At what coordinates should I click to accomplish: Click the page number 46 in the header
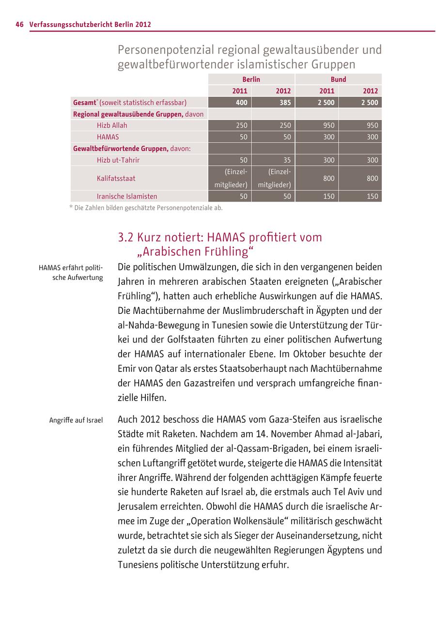pos(19,24)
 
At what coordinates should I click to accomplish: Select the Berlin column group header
pos(251,79)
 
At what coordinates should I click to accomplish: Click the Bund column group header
pos(338,79)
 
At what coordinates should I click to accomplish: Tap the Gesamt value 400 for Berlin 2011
pos(241,103)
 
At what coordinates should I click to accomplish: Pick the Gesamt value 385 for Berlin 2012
pos(284,103)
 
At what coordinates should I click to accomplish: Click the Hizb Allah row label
pos(112,125)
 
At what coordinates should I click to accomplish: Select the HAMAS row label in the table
pos(108,137)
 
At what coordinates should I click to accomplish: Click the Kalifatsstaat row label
pos(116,178)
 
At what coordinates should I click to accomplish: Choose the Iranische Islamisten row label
pos(127,197)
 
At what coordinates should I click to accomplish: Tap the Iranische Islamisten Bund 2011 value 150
pos(328,197)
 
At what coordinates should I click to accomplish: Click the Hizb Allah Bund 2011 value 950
pos(328,125)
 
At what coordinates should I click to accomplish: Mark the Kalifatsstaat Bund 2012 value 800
pos(372,178)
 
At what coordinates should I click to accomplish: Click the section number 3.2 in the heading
pos(125,238)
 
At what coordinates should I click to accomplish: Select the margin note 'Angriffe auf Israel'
pos(76,420)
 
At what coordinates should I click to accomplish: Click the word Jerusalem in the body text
pos(140,507)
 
